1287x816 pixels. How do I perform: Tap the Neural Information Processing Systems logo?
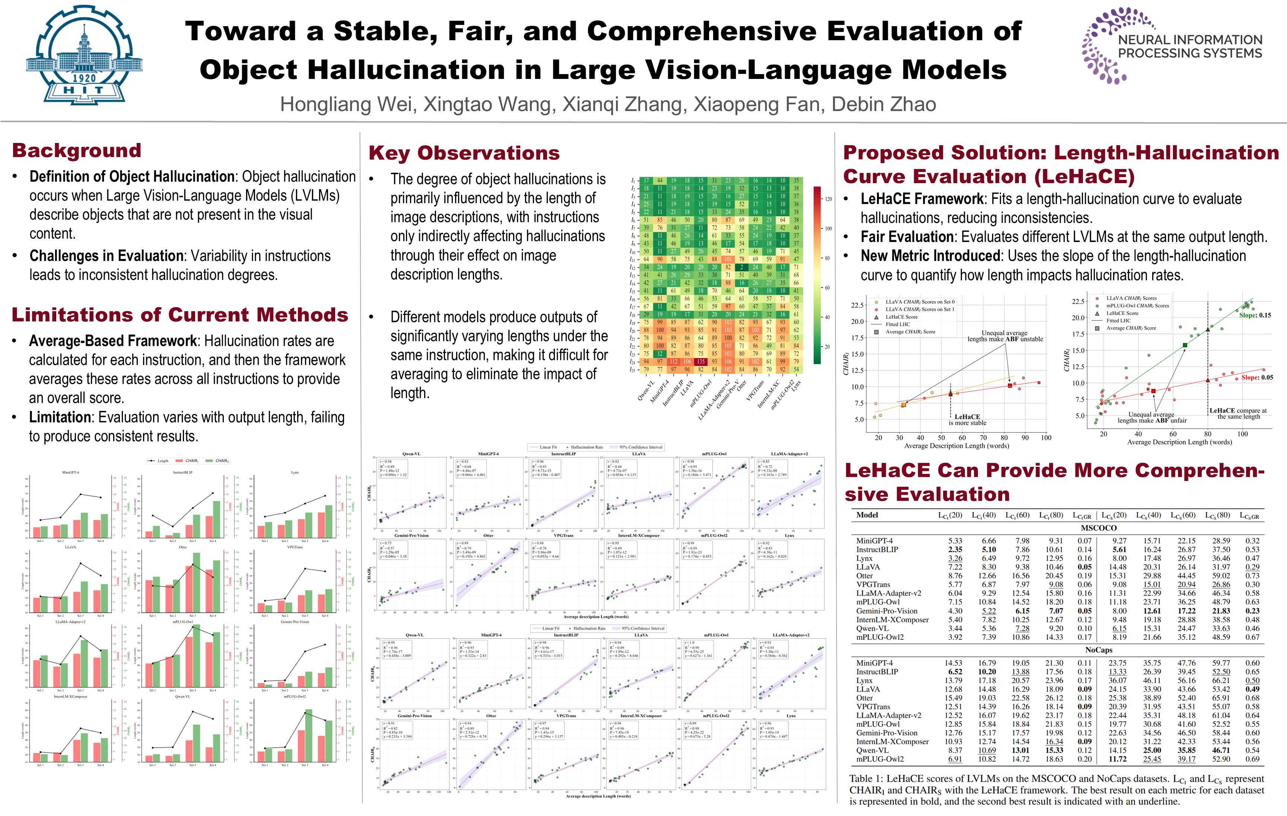click(x=1173, y=47)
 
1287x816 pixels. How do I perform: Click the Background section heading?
click(x=77, y=151)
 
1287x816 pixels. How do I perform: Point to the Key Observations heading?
click(x=464, y=153)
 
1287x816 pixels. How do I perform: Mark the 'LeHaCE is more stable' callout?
click(x=967, y=420)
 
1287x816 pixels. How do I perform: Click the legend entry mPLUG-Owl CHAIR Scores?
click(x=1137, y=306)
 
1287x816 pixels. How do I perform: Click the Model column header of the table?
click(x=867, y=515)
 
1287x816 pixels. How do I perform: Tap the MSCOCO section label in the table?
click(x=1098, y=528)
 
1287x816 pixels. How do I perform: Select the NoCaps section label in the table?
click(x=1098, y=650)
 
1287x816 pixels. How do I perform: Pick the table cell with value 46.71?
click(x=1221, y=750)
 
